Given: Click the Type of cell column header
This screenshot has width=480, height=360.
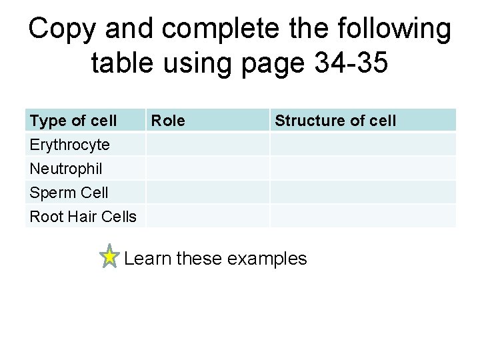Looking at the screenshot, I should point(73,121).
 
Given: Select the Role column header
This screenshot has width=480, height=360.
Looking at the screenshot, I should point(168,121).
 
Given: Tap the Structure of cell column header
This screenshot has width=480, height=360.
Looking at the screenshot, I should point(335,121).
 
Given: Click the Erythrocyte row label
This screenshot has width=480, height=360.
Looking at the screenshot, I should point(70,145).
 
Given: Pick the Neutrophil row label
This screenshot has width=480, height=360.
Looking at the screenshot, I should point(67,169).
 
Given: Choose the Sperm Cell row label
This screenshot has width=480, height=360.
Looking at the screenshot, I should point(69,193).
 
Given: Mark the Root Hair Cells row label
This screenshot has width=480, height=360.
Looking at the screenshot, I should point(83,217).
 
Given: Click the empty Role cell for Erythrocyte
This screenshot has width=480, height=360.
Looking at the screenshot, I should point(207,145).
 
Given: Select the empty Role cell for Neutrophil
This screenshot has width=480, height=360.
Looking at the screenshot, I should point(207,169).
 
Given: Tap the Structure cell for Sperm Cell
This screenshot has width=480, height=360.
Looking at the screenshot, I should point(363,193).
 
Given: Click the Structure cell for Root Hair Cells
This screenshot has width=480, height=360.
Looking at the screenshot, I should point(363,217).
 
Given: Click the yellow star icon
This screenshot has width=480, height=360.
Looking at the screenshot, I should point(109,257).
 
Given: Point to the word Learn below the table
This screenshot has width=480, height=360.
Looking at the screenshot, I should point(148,258).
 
